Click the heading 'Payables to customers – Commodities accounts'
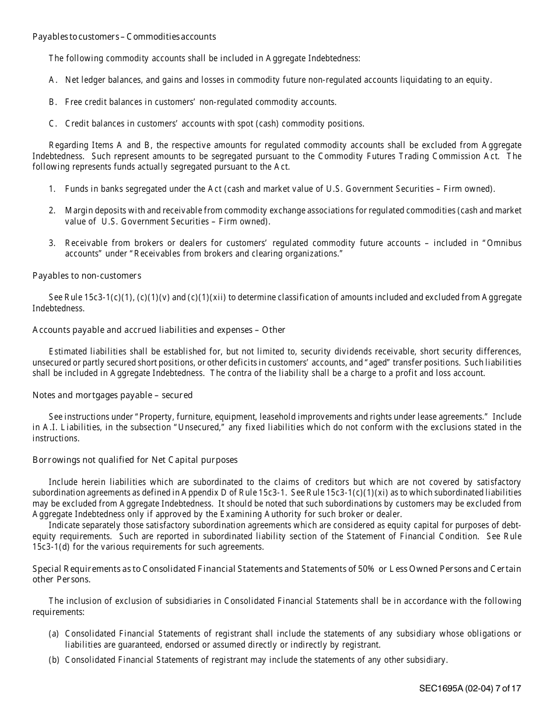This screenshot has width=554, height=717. pyautogui.click(x=124, y=37)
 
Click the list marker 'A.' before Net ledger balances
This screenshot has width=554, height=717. pyautogui.click(x=52, y=80)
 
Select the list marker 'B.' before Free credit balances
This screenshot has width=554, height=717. pyautogui.click(x=52, y=102)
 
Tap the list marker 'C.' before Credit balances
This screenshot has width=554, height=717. pyautogui.click(x=52, y=124)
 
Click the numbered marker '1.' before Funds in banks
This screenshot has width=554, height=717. pyautogui.click(x=52, y=189)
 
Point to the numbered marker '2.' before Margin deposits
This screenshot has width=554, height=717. pyautogui.click(x=52, y=210)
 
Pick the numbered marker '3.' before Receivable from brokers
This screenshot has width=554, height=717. pyautogui.click(x=52, y=243)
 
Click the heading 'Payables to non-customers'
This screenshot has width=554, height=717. pyautogui.click(x=86, y=276)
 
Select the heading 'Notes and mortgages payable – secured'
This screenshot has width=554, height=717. pyautogui.click(x=112, y=395)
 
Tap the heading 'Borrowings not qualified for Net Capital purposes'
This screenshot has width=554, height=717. pyautogui.click(x=135, y=460)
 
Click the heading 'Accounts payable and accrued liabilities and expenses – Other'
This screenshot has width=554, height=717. pyautogui.click(x=159, y=330)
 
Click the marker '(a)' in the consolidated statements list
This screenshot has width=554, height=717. pyautogui.click(x=54, y=634)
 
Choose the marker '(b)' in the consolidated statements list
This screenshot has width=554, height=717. pyautogui.click(x=54, y=660)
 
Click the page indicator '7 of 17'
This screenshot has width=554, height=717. pyautogui.click(x=508, y=688)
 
